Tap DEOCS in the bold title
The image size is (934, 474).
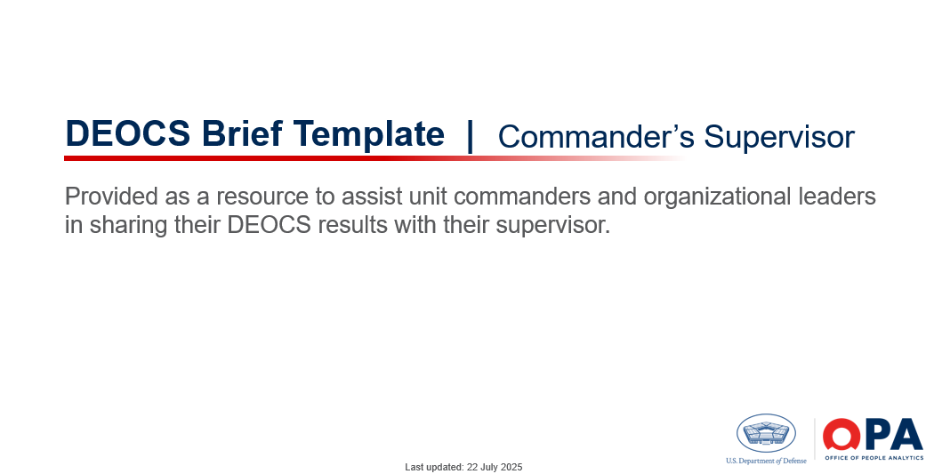[128, 133]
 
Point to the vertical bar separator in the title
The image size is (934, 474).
[471, 136]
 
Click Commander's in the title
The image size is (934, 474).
[596, 136]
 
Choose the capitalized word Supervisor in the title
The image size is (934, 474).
[779, 138]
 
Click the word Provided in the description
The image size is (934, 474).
[112, 196]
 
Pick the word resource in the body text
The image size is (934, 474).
[262, 197]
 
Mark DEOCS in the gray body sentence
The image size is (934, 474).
[270, 225]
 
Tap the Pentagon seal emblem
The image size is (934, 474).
[766, 433]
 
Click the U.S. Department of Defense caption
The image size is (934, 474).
[766, 461]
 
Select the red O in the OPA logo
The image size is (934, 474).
[841, 434]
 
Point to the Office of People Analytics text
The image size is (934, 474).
[874, 457]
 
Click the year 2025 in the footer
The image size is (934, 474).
[512, 467]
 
